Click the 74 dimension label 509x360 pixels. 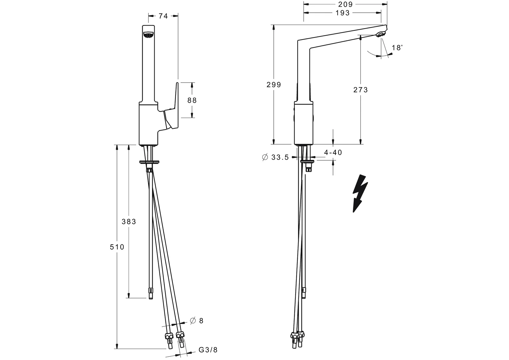pos(163,16)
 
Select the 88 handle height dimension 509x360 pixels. pos(192,100)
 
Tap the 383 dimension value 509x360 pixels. pos(129,221)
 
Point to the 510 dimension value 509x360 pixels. pos(117,247)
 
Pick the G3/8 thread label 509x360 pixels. pos(208,350)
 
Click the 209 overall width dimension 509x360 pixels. pos(345,4)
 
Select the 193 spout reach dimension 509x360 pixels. pos(343,13)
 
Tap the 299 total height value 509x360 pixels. pos(274,85)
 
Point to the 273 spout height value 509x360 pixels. pos(361,90)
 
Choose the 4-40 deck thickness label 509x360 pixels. pos(333,152)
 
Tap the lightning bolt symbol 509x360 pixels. pos(360,193)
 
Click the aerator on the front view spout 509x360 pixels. pos(148,35)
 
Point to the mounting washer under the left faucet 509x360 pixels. pos(150,162)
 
